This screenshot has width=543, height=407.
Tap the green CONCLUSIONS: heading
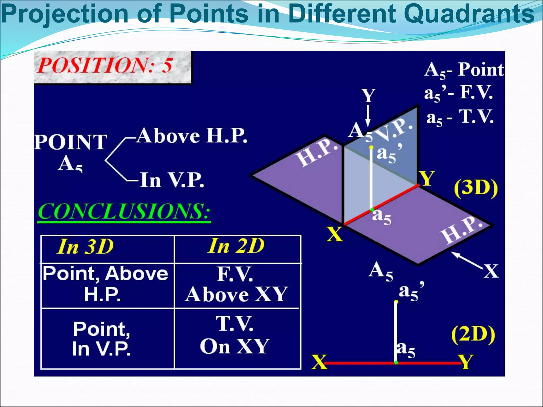[124, 212]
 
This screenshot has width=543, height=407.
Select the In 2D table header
[236, 246]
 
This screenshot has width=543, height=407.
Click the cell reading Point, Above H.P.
[106, 284]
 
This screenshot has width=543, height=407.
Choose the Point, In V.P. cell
[102, 339]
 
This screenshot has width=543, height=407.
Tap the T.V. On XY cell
[235, 335]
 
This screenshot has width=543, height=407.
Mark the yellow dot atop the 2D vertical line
[396, 302]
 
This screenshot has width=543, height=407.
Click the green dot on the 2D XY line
[396, 362]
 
